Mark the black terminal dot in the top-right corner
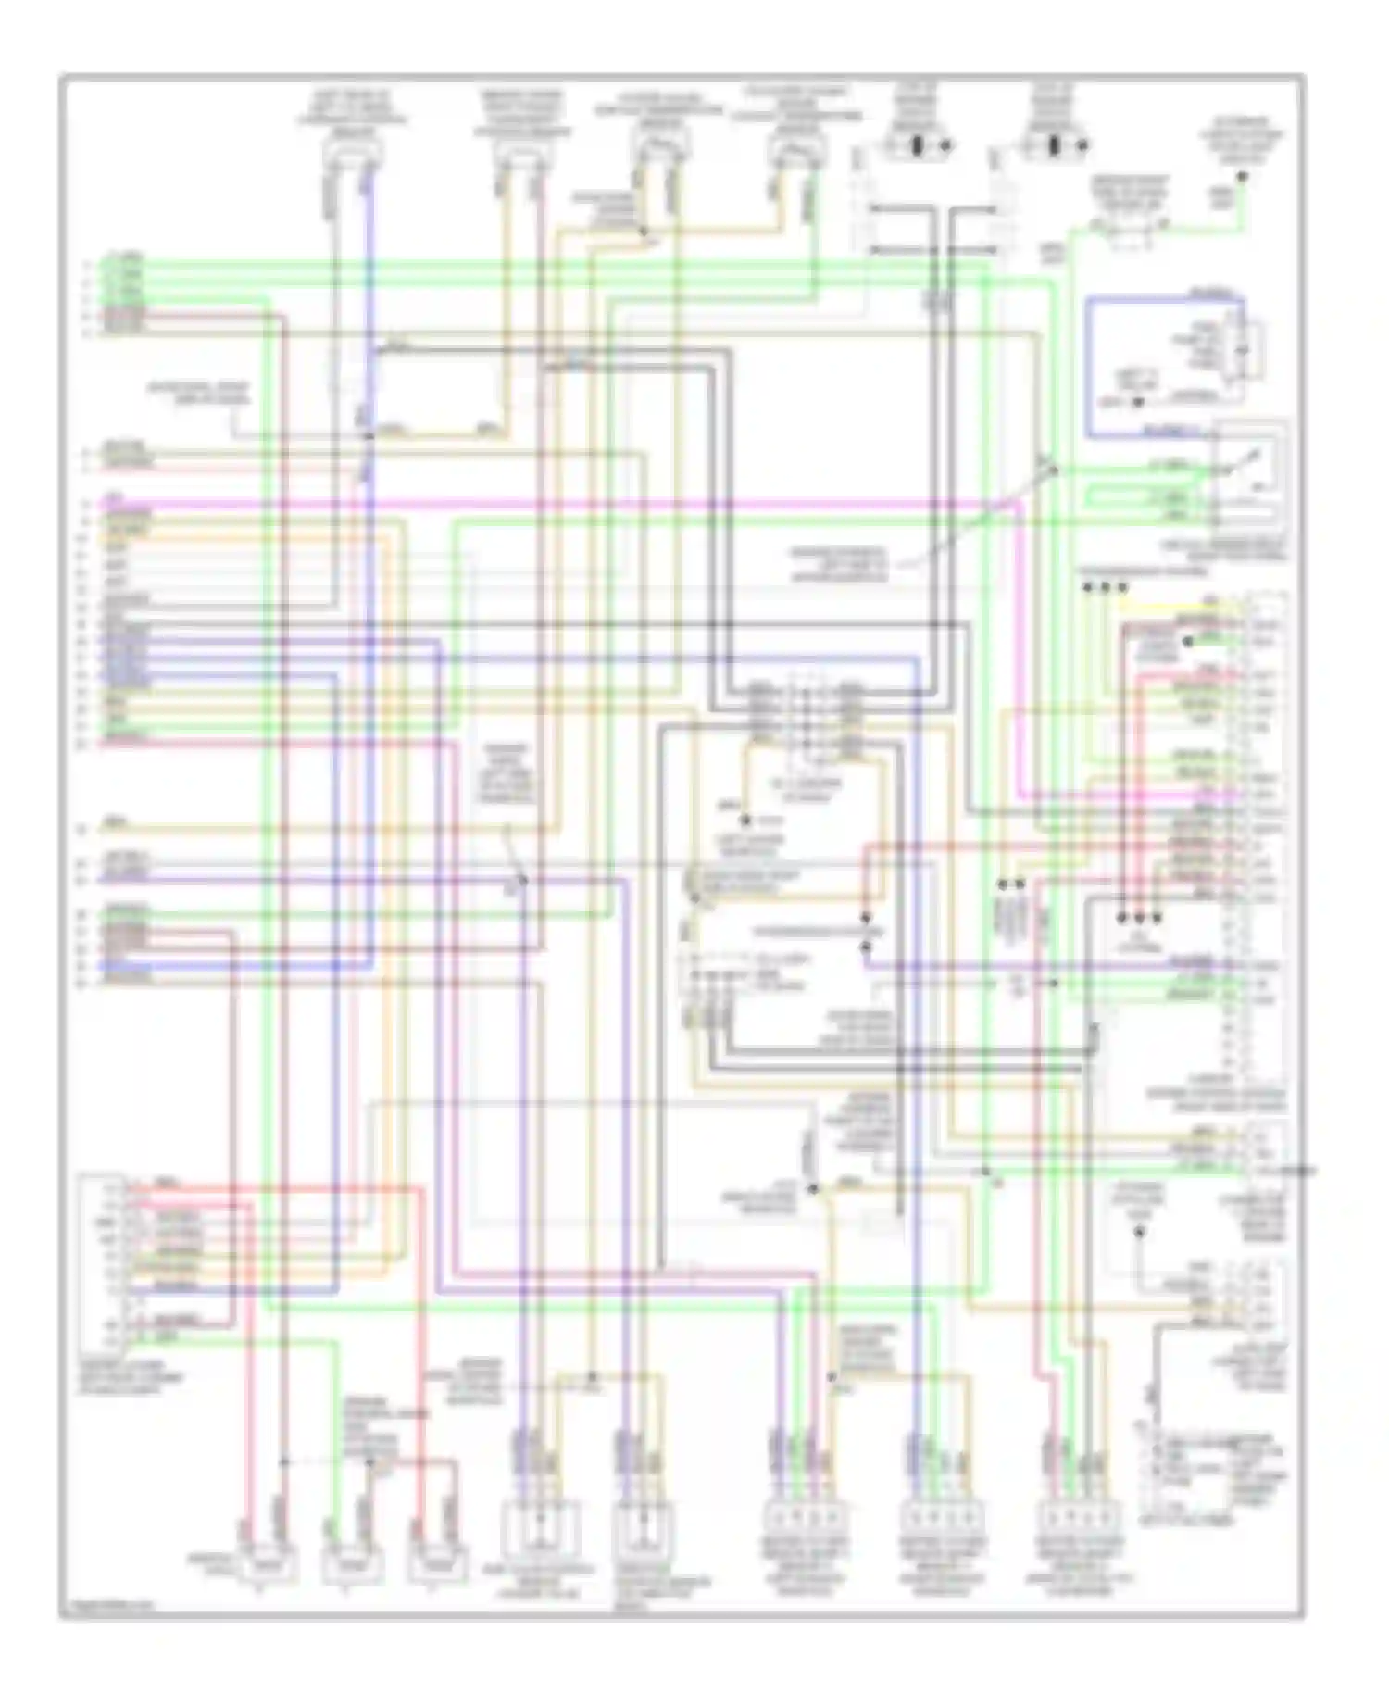click(x=1243, y=175)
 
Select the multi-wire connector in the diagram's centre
click(x=806, y=718)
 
